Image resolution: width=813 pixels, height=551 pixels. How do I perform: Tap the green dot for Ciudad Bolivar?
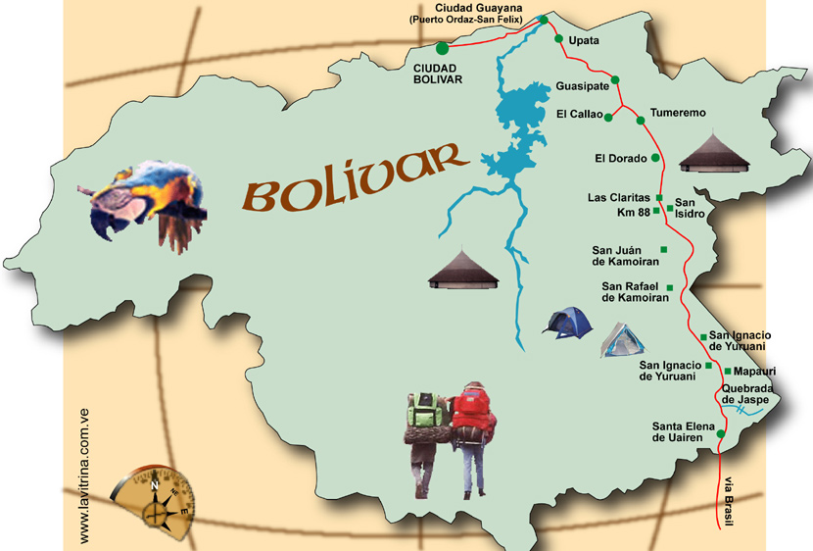[442, 47]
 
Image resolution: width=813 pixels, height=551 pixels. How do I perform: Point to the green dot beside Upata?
[559, 40]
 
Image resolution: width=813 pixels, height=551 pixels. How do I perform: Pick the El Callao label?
[578, 115]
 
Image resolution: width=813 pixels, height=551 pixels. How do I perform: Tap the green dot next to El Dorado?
[655, 157]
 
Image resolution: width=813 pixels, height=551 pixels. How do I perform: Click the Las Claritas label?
[618, 197]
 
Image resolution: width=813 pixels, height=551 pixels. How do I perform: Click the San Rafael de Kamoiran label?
[631, 291]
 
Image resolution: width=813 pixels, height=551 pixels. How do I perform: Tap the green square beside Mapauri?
[726, 371]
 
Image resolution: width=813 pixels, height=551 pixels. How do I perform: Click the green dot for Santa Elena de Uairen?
[721, 433]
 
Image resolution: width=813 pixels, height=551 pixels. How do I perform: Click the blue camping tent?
[569, 322]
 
